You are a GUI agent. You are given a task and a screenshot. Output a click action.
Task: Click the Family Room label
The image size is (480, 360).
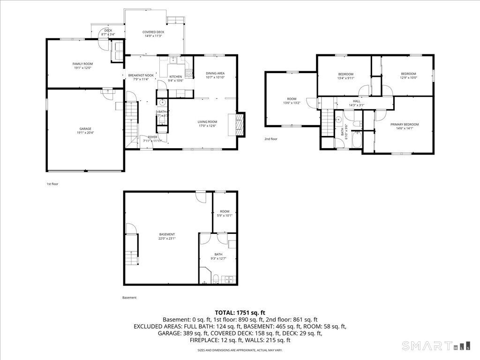(x=82, y=66)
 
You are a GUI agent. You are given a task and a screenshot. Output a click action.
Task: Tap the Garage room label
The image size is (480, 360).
(x=85, y=131)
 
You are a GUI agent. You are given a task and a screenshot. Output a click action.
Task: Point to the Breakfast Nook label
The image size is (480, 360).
(x=141, y=77)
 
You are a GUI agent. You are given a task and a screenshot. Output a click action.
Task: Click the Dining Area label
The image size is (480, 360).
(x=215, y=75)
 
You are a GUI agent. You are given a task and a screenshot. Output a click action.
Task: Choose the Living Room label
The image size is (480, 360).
(x=207, y=124)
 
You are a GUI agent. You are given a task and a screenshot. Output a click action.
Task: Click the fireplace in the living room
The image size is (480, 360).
(x=240, y=124)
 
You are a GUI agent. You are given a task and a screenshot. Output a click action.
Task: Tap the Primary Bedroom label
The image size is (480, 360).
(x=405, y=127)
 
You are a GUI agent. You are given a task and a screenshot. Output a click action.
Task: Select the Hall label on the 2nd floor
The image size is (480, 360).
(x=356, y=103)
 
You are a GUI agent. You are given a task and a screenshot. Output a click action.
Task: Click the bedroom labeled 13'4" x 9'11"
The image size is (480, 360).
(x=345, y=76)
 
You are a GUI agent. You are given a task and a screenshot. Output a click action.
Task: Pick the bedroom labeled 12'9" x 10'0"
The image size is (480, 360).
(x=408, y=76)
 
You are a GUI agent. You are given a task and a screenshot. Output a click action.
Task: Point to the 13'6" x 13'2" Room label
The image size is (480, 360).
(x=292, y=101)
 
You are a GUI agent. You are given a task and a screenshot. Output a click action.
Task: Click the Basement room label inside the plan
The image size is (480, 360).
(x=167, y=236)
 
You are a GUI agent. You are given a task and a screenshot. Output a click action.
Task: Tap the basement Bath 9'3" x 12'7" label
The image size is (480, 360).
(x=218, y=256)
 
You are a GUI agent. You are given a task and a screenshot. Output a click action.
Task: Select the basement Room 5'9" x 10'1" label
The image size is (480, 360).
(x=225, y=213)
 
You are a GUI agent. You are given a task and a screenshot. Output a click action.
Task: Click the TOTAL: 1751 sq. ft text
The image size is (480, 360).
(x=240, y=312)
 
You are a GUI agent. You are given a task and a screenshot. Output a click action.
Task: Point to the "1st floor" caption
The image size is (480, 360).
(x=52, y=184)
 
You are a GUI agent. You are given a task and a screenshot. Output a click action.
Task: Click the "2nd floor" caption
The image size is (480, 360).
(x=271, y=139)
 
